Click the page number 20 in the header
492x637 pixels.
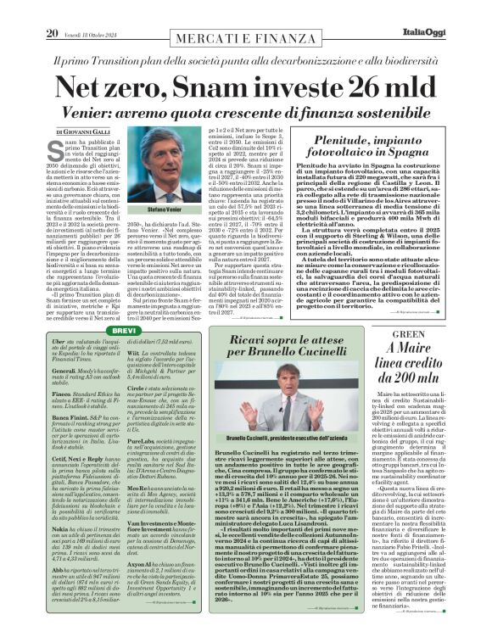click(53, 9)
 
